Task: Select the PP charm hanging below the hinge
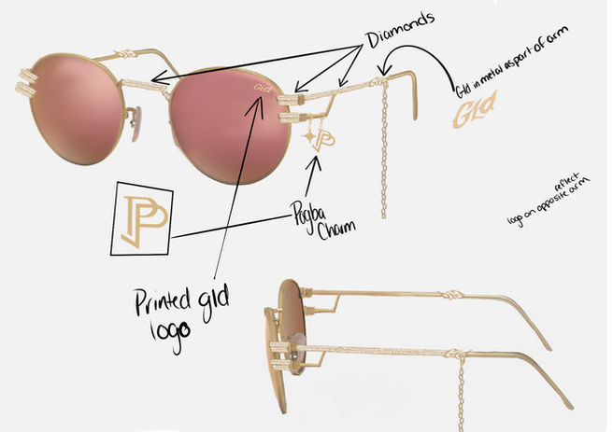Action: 322,140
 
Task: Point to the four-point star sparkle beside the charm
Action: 307,135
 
